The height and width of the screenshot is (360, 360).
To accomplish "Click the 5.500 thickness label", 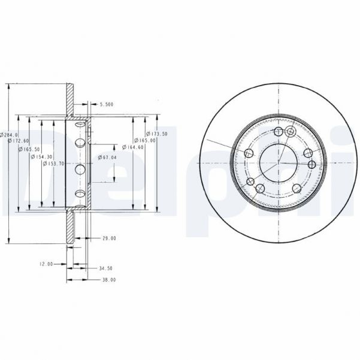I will (106, 104).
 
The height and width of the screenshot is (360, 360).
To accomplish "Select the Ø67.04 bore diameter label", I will (107, 157).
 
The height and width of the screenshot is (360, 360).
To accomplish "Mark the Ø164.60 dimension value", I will (132, 147).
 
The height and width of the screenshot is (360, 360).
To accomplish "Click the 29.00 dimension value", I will (108, 239).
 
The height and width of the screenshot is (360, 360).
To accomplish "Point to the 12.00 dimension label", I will (46, 264).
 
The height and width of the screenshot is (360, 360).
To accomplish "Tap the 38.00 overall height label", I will (108, 280).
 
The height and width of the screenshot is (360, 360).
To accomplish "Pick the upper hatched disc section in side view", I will (70, 99).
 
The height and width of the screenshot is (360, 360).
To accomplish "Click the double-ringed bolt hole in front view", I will (290, 132).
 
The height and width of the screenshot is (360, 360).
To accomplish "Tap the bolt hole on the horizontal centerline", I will (311, 164).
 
